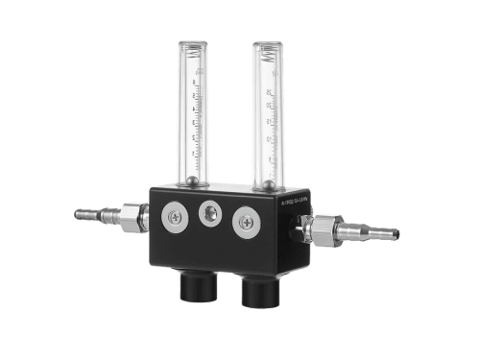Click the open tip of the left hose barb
[78, 214]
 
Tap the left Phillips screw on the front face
[176, 218]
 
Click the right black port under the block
[259, 290]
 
